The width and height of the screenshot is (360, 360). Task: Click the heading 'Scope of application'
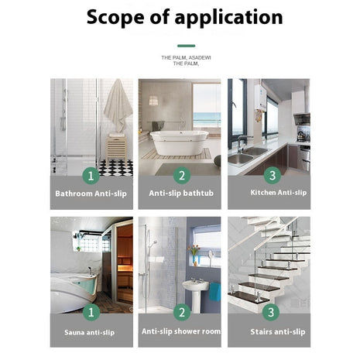184,17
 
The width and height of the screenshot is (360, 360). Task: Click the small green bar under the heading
185,46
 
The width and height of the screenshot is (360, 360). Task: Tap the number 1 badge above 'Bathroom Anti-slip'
91,175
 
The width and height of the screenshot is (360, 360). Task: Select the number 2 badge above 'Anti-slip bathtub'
181,175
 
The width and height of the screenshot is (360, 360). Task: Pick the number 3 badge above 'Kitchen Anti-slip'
270,175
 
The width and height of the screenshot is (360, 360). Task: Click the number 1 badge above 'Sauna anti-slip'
91,313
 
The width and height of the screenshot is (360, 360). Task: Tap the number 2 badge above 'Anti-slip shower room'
181,313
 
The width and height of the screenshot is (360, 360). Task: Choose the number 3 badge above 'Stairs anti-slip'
270,313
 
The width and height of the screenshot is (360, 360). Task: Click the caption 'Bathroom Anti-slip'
91,193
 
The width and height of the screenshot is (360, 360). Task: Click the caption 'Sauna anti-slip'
91,331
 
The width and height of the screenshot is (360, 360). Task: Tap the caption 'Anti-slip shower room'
180,331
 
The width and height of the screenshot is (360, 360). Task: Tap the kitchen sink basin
242,158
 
